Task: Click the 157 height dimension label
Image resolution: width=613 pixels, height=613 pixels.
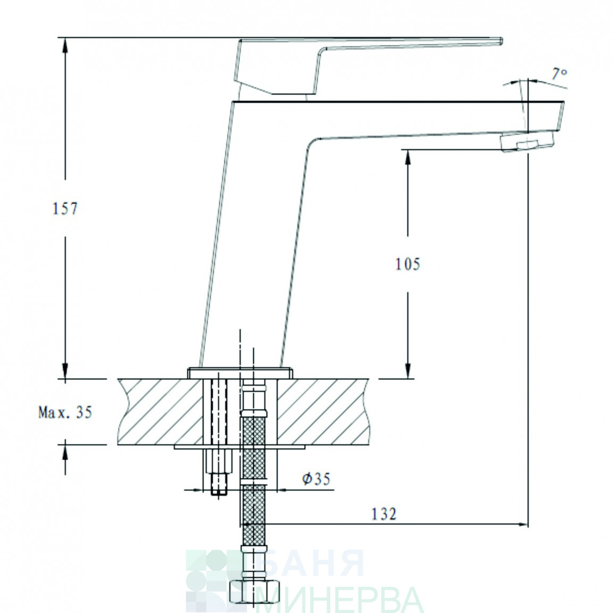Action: pos(65,209)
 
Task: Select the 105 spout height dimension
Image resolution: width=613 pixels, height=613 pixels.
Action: pos(408,264)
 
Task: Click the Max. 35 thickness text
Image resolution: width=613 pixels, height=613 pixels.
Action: pos(65,412)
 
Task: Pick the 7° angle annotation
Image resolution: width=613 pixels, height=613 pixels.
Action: pos(559,73)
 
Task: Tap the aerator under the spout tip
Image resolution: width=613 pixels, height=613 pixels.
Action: pos(527,141)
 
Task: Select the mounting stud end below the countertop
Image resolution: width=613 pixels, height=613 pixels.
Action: pos(219,484)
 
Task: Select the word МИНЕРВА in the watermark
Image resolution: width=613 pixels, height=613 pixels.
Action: pos(339,599)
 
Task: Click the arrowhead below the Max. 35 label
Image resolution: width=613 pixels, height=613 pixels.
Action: pos(65,453)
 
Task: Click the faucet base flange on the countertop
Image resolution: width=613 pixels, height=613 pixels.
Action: pos(240,373)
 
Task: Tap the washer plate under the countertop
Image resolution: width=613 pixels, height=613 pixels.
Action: pos(239,446)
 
